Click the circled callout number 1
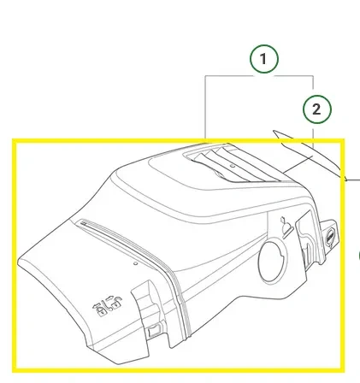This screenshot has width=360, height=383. point(263,59)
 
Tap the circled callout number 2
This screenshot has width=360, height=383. point(316,109)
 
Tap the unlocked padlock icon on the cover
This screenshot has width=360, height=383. point(117,303)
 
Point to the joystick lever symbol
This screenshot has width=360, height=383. point(286,227)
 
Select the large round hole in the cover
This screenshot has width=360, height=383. point(273,262)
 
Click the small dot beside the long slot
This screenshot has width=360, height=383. point(136,263)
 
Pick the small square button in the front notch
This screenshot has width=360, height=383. point(153,331)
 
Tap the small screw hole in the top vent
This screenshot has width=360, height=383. point(233,166)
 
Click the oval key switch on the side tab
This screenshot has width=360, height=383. point(330,236)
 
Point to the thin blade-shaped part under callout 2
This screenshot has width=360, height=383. point(310,155)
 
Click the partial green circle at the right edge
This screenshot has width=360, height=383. point(359,256)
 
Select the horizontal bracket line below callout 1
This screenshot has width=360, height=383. point(259,76)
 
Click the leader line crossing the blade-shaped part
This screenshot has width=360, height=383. point(298,164)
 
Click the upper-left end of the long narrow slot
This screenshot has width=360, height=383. point(82,221)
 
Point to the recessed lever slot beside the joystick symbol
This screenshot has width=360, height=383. point(306,239)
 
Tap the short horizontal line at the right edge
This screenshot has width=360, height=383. point(354,180)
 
